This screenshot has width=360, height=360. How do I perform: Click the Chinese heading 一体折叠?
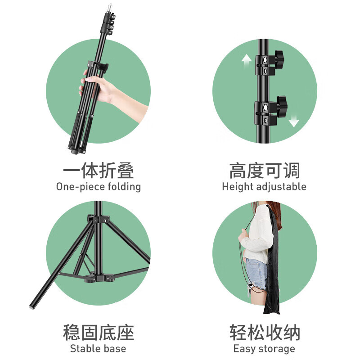98,171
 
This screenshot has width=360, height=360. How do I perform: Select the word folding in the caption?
122,187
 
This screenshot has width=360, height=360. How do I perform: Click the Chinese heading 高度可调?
264,171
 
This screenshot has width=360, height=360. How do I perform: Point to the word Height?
236,187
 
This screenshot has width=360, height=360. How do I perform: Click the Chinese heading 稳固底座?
98,333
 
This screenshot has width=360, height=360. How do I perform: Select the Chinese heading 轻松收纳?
264,333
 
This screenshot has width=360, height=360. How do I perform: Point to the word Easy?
244,348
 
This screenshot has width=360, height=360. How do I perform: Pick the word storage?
276,348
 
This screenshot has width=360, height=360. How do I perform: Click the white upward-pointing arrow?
247,63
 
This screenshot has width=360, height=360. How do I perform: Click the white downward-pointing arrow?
294,120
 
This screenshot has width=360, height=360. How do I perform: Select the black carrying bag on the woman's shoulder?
272,261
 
